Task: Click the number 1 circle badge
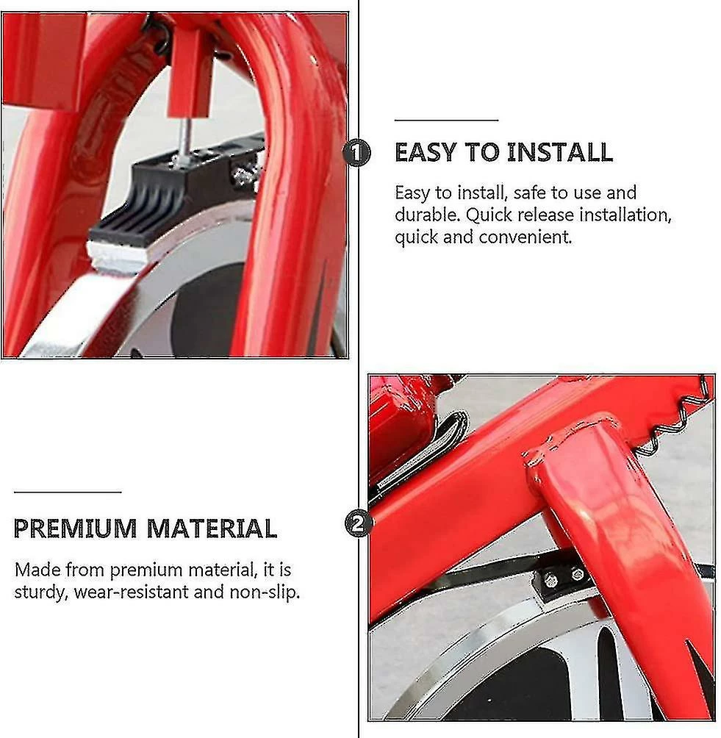click(356, 152)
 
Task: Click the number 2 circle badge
click(359, 523)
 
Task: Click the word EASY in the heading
click(425, 152)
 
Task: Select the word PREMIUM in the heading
click(75, 529)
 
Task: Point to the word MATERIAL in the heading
click(212, 529)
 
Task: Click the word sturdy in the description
click(41, 592)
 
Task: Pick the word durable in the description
click(427, 215)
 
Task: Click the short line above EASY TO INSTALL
click(446, 120)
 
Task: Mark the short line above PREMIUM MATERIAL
click(68, 492)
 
